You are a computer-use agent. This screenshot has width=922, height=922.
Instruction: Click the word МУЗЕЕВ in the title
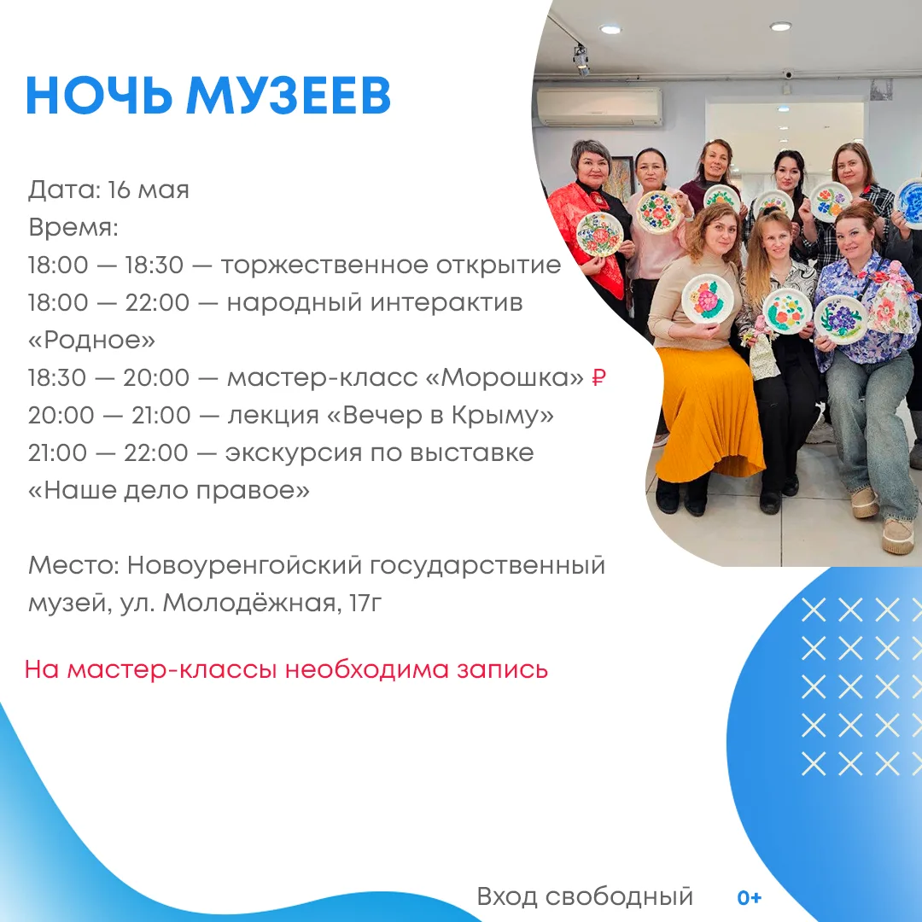(289, 96)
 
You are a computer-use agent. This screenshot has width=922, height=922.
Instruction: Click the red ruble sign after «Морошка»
(598, 377)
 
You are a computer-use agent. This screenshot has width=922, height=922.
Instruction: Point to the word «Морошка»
(504, 377)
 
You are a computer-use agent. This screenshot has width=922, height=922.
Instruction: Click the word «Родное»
(91, 340)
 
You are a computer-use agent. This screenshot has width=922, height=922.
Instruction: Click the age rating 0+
(750, 897)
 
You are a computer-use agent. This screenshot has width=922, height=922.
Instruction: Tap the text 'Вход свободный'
(585, 896)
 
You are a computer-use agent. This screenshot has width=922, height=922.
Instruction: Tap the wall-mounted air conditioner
(600, 107)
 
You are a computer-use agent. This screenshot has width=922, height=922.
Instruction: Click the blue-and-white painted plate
(910, 203)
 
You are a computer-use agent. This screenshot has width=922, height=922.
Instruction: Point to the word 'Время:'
(73, 228)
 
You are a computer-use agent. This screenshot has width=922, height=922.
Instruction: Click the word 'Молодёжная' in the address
(248, 603)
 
